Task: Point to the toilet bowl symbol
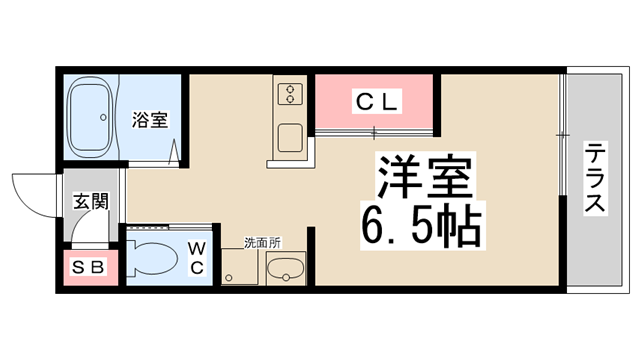155,259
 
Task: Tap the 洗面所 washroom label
262,243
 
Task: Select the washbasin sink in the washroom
286,268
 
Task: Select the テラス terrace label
597,179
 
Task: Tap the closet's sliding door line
376,130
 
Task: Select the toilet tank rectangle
131,258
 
